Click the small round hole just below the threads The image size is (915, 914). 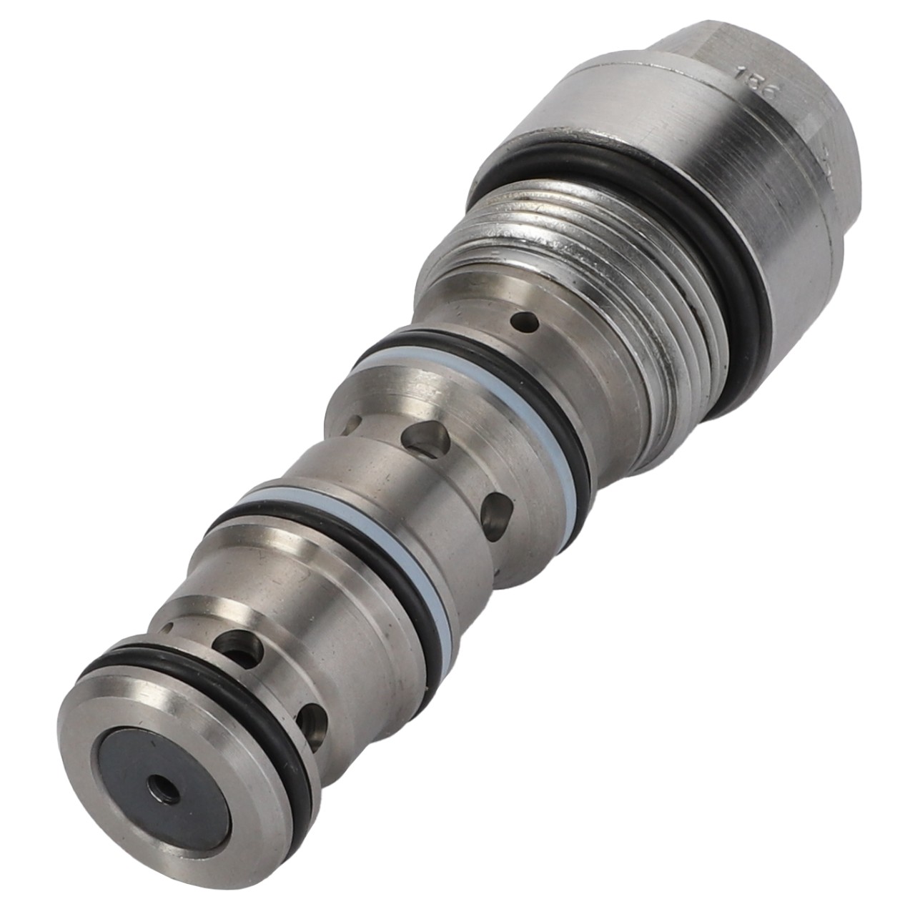coord(528,323)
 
